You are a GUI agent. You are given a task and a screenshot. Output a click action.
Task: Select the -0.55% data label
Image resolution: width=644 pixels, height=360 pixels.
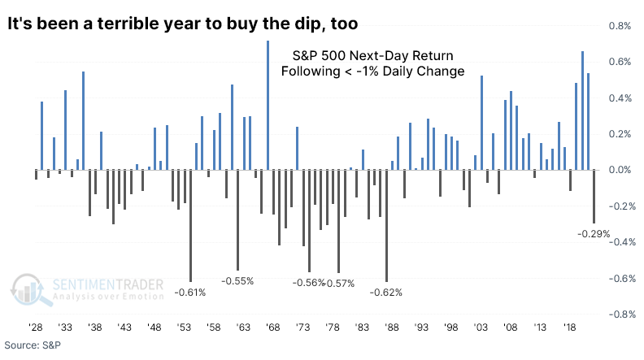pos(238,280)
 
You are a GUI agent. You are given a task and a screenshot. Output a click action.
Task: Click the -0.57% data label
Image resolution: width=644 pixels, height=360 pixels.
pos(340,283)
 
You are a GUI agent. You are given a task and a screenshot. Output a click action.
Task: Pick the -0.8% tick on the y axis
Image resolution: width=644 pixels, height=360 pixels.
pos(620,314)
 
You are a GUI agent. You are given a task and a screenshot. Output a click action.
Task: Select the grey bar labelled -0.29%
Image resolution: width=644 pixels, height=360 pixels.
pos(594,196)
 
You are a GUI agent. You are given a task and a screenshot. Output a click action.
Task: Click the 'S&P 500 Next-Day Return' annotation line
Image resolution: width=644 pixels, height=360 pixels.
pos(372,55)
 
